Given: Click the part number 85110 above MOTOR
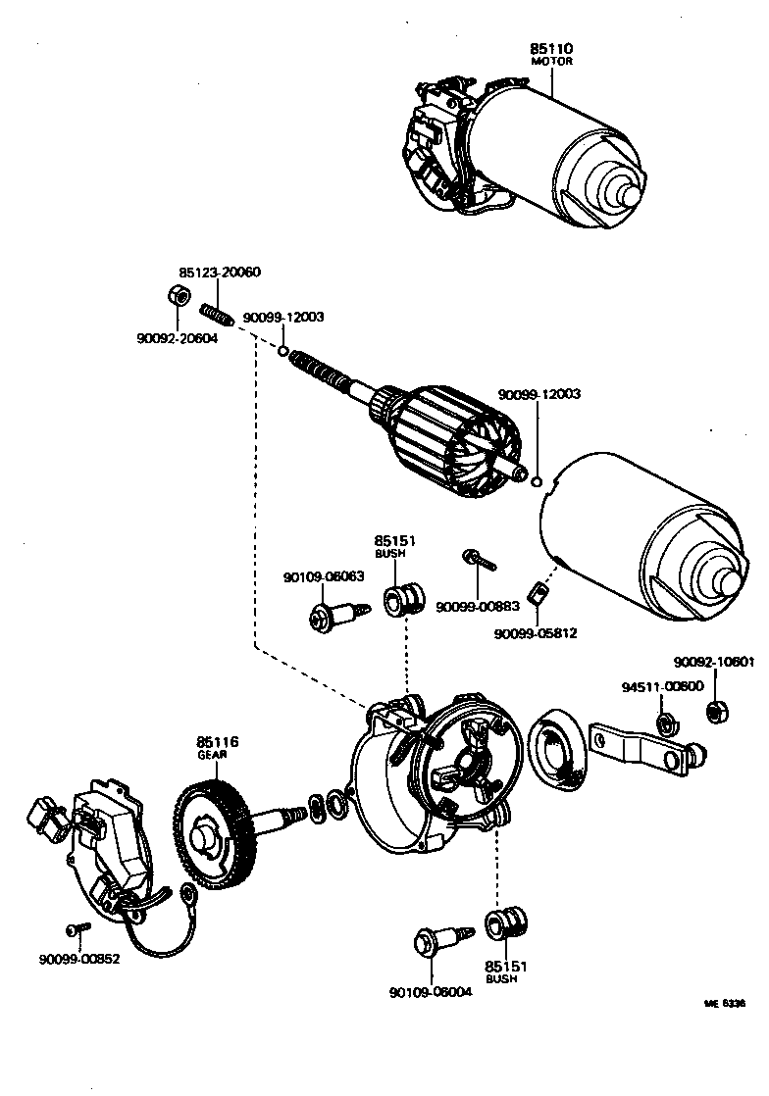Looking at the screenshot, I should [x=551, y=47].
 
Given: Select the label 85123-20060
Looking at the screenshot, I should [x=220, y=272].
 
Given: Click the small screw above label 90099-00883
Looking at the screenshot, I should [x=480, y=560].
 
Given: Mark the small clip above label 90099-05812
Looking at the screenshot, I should [x=537, y=593].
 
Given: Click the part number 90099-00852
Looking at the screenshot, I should [x=79, y=959].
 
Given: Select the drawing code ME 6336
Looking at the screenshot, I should [x=725, y=1004].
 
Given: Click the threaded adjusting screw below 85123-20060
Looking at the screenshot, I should [x=216, y=315].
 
